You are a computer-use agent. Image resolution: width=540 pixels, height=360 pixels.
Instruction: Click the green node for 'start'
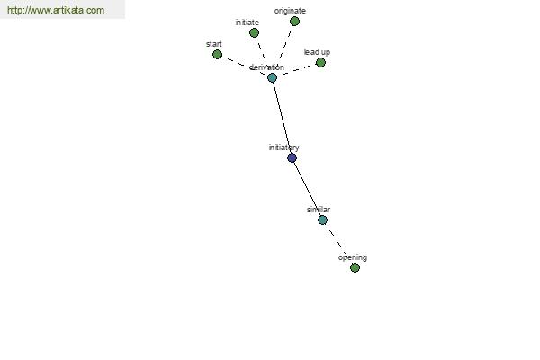coord(217,54)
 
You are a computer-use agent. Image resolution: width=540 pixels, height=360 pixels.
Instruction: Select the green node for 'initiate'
coord(254,33)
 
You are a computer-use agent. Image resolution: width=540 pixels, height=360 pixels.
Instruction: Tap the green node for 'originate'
coord(294,22)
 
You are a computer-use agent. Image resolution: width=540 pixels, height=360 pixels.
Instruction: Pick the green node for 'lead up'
coord(320,63)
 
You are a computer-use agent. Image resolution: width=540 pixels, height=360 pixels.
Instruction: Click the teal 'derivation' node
coord(272,78)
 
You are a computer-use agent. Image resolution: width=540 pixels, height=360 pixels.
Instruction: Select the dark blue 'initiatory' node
coord(292,158)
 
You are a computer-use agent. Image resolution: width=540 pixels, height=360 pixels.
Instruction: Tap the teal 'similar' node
coord(322,220)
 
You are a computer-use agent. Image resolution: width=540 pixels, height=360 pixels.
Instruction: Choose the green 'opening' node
coord(355,267)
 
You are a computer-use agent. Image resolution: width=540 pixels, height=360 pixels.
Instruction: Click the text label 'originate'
coord(290,11)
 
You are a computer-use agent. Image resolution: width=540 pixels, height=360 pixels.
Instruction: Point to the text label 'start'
coord(214,44)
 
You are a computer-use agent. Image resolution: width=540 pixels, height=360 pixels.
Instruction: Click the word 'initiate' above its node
coord(247,22)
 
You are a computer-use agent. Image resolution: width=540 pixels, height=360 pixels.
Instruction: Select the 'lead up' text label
coord(317,52)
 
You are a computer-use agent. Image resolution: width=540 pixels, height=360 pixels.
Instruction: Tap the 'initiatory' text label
coord(283,148)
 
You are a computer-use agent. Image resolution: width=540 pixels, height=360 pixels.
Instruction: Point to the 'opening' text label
coord(353,257)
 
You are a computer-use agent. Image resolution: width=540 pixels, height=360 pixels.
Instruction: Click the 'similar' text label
coord(319,210)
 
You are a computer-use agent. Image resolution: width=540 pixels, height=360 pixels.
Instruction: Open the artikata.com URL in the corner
coord(56,10)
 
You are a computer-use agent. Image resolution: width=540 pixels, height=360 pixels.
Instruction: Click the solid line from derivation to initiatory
coord(282,118)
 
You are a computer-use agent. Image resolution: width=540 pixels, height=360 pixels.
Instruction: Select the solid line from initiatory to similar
coord(307,189)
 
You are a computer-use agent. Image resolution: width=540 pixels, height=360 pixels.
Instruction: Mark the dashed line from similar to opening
coord(337,242)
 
